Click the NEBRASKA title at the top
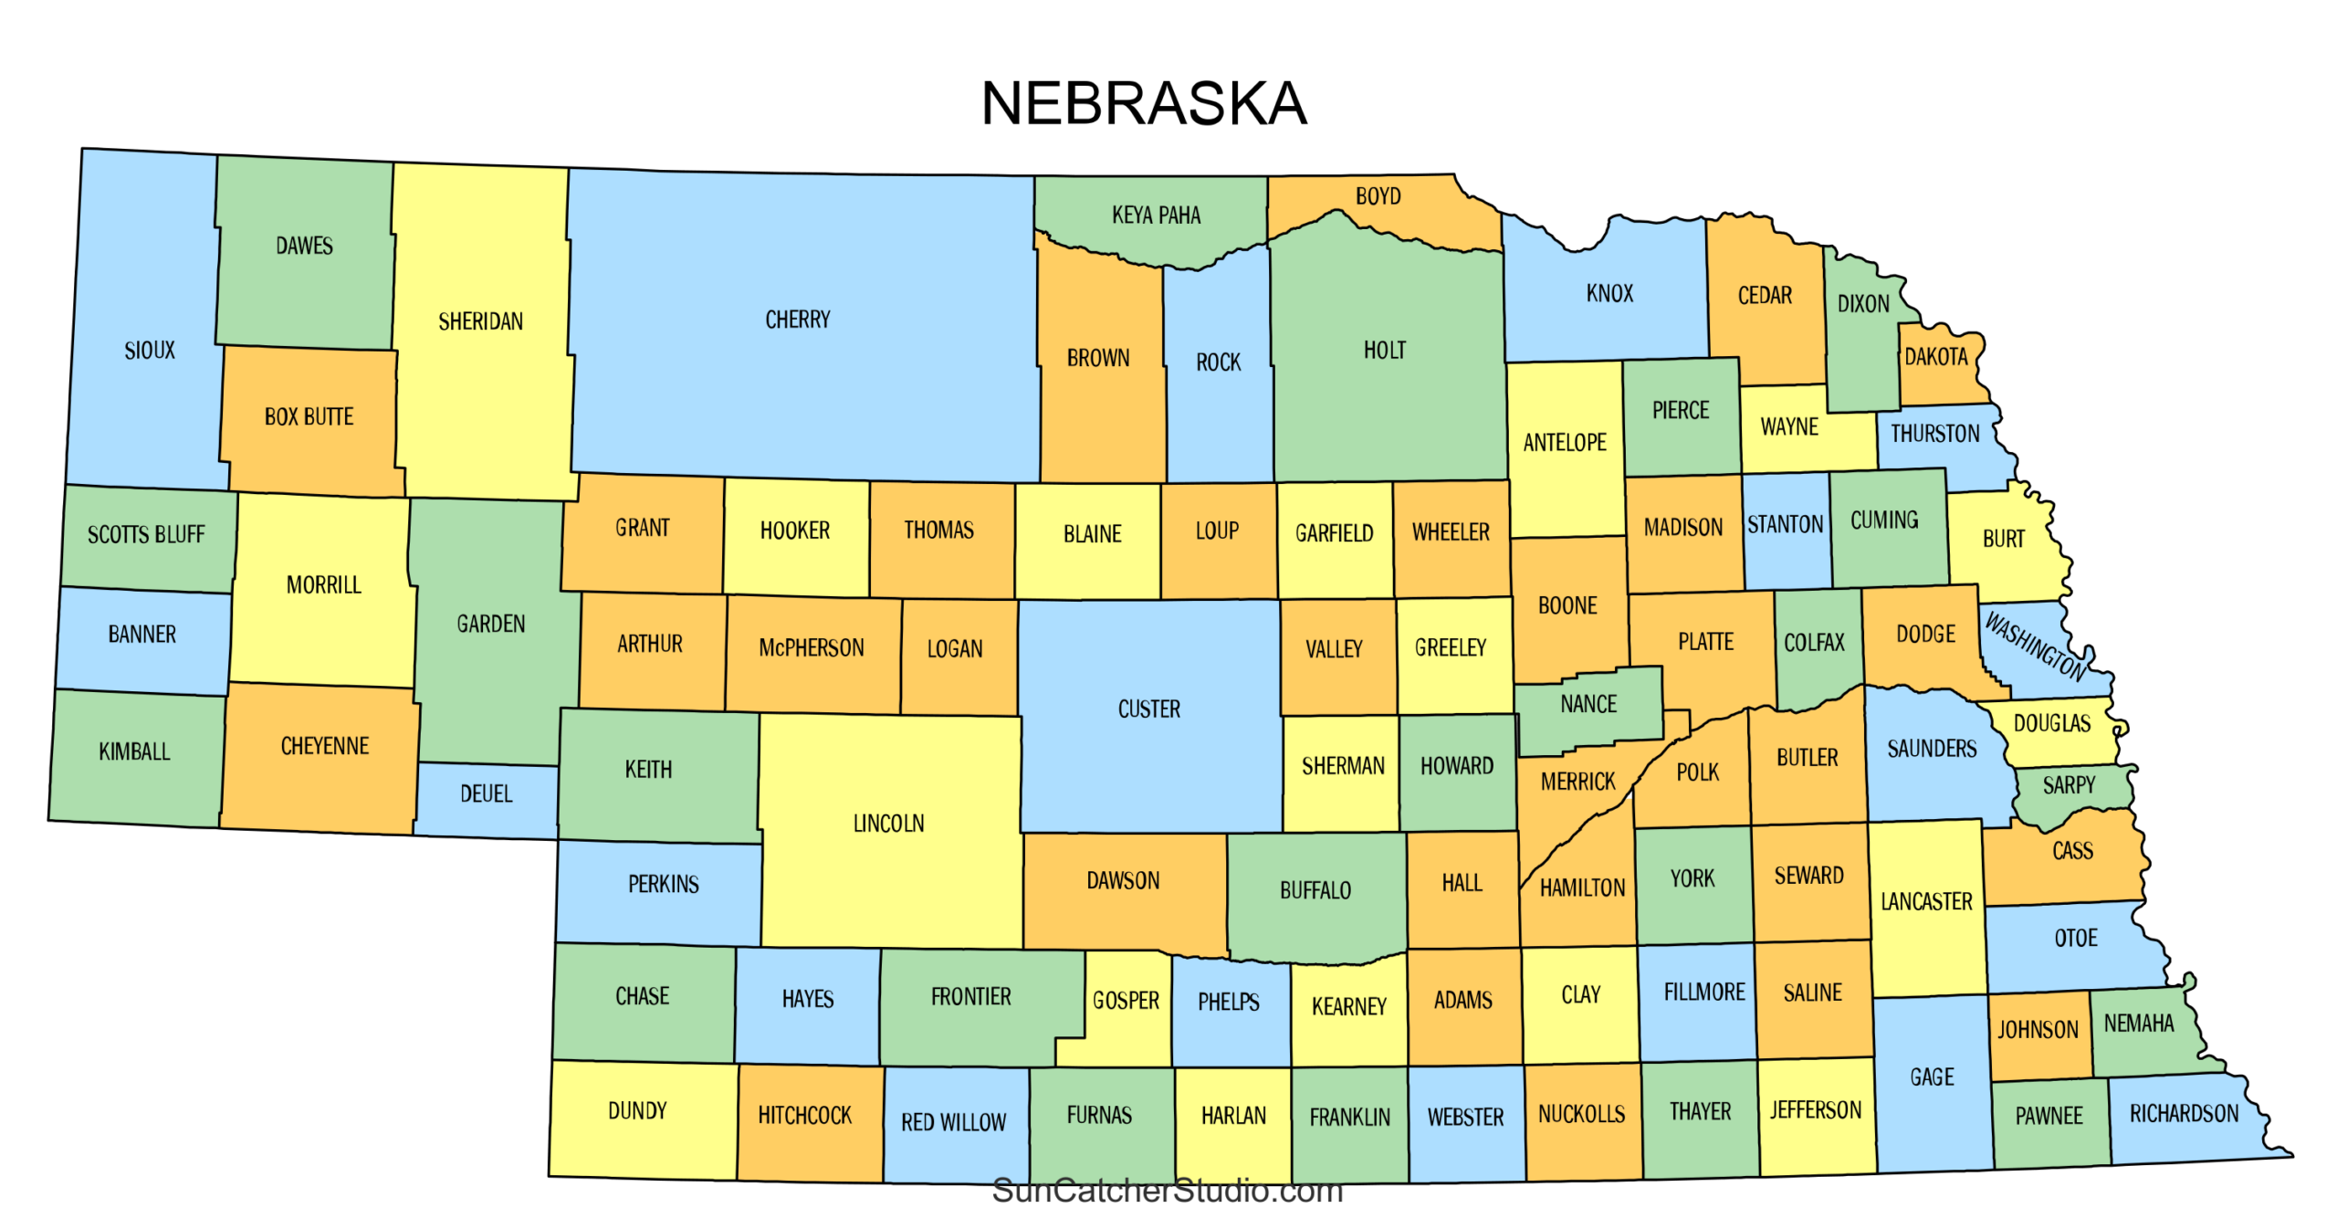coord(1143,103)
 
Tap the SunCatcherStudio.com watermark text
coord(1167,1191)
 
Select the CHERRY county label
coord(797,320)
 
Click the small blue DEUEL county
coord(486,794)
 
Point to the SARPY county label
coord(2068,785)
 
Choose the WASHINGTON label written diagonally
coord(2035,646)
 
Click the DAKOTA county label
coord(1935,357)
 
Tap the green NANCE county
coord(1588,705)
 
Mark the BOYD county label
coord(1377,196)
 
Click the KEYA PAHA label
coord(1156,215)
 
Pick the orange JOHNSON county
coord(2037,1030)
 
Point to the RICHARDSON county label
coord(2183,1114)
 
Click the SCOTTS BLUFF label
coord(146,535)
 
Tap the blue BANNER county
coord(142,635)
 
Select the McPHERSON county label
coord(811,648)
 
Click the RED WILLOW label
coord(953,1122)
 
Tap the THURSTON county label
coord(1934,434)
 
